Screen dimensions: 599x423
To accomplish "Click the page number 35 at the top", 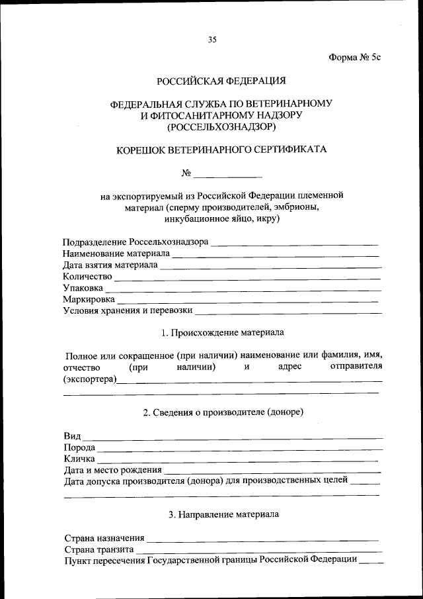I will [x=212, y=40].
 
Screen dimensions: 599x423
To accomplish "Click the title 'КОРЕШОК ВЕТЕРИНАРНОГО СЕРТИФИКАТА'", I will [x=221, y=150].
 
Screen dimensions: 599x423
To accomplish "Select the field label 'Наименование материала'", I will [x=116, y=253].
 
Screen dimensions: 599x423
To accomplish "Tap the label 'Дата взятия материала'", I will [x=110, y=265].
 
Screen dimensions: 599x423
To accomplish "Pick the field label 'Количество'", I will [x=87, y=276].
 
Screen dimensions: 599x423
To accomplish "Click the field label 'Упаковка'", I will [x=83, y=288].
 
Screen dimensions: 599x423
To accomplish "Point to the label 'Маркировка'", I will [x=89, y=299].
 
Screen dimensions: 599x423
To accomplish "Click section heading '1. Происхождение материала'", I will [x=223, y=332].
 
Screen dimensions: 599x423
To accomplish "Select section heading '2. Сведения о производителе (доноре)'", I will [x=223, y=412].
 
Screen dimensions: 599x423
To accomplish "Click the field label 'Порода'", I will [x=79, y=447].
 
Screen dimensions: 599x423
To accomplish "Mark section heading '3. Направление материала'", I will [x=223, y=514].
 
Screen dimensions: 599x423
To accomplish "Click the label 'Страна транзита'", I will [x=99, y=549].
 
